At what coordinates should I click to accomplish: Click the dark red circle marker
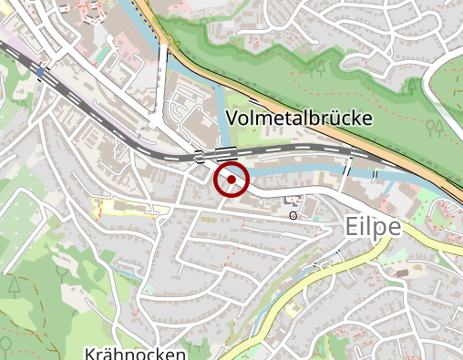tap(231, 180)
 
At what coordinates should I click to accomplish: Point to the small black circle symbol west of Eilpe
tap(293, 216)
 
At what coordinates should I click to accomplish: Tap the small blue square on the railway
tap(41, 71)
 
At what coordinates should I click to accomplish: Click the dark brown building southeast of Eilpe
tap(402, 272)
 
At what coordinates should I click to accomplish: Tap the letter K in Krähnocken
tap(88, 353)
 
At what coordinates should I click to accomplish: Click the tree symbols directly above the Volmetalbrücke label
tap(316, 67)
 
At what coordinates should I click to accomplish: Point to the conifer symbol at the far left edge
tap(15, 285)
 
